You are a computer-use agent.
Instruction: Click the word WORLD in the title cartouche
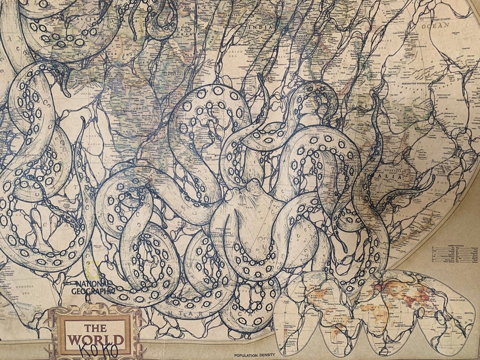point(96,339)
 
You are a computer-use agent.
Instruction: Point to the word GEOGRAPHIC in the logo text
point(93,291)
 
